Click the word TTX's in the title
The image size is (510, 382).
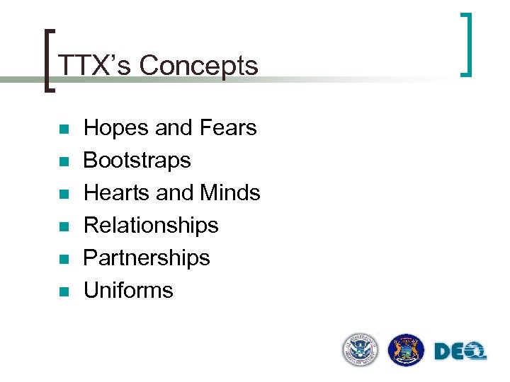click(95, 66)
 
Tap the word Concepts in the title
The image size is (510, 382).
click(199, 66)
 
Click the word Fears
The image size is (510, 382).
click(228, 128)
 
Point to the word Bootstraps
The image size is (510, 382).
click(137, 161)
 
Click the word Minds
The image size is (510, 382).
click(230, 192)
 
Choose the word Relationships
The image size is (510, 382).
click(151, 225)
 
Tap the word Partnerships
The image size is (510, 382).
click(147, 257)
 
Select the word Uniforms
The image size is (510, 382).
click(128, 290)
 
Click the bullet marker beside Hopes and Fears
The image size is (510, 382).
click(63, 129)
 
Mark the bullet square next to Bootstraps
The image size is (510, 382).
click(63, 162)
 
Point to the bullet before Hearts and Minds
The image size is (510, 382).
click(63, 194)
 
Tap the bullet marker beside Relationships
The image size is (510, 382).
click(63, 226)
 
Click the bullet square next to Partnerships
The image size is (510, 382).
click(63, 259)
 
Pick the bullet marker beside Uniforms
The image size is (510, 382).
click(63, 291)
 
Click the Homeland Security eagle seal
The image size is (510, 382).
click(361, 350)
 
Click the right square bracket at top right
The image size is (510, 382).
click(467, 44)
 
